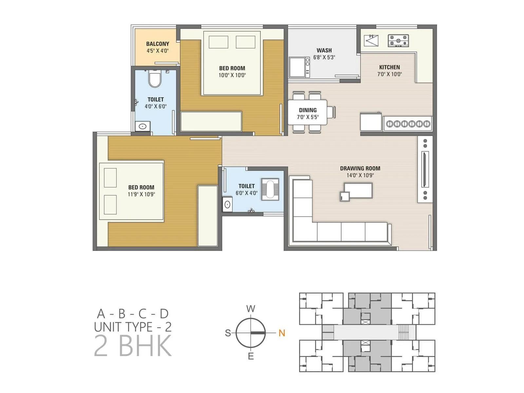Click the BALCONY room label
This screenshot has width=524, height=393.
click(x=158, y=44)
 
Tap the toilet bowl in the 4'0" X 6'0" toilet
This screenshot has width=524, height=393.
click(x=155, y=79)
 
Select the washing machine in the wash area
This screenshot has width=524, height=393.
click(x=299, y=67)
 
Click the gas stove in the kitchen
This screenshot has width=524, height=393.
click(x=398, y=41)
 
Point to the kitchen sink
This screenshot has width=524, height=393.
click(x=371, y=41)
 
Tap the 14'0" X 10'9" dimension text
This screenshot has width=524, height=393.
click(x=360, y=175)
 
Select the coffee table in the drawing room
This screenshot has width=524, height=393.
click(x=358, y=191)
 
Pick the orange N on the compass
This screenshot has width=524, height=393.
click(x=282, y=333)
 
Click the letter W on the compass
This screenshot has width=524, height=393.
click(x=251, y=309)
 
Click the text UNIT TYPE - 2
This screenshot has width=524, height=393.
click(x=133, y=327)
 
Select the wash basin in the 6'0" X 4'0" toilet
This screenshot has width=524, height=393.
click(x=227, y=205)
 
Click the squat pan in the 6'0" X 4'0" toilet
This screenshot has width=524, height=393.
click(x=270, y=189)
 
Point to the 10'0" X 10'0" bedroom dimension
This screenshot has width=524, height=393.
click(x=232, y=75)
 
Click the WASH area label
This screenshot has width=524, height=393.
click(x=324, y=50)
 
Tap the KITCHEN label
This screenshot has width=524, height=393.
click(x=389, y=67)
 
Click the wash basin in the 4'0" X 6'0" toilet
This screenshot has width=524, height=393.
click(x=142, y=126)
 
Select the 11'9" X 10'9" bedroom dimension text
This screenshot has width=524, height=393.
click(x=141, y=194)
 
